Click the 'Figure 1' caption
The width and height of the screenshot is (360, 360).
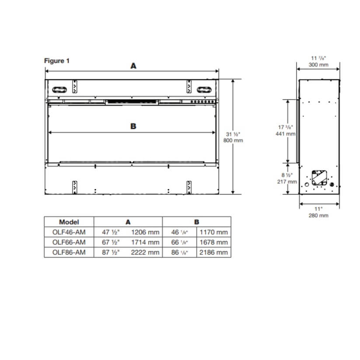pos(57,61)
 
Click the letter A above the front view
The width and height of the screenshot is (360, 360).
pos(133,66)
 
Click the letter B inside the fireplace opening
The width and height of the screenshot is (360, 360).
pos(133,126)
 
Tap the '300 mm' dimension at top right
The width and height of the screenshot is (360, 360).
pos(318,65)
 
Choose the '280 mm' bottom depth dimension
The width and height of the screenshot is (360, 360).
pos(318,215)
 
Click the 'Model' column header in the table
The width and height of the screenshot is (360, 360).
pos(69,222)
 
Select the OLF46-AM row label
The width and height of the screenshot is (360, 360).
pos(69,232)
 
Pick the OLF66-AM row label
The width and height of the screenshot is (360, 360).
pos(69,242)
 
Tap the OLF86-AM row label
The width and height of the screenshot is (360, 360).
pos(69,252)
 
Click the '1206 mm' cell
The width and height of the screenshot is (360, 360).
pos(145,232)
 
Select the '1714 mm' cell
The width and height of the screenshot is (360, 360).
pos(145,242)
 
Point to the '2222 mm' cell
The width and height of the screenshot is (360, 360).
pos(145,252)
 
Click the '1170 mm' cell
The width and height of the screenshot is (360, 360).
pos(213,232)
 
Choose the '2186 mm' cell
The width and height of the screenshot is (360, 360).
pos(213,252)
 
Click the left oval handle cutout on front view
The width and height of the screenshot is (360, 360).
pos(60,90)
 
